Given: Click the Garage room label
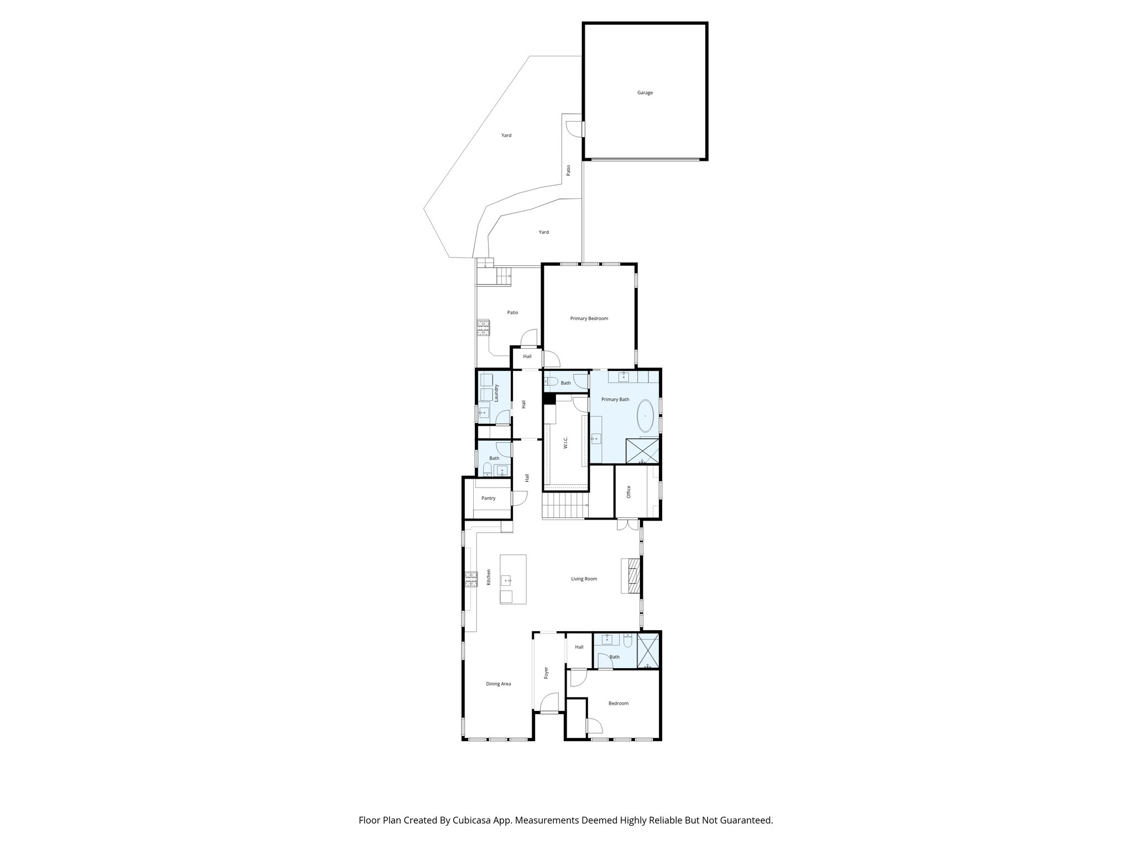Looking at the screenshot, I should point(644,93).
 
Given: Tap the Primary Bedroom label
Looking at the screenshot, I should point(589,318).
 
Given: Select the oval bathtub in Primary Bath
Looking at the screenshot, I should point(644,416).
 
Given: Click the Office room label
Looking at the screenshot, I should point(628,492).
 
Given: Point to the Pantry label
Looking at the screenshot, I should point(488,498).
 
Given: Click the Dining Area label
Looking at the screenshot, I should point(498,684).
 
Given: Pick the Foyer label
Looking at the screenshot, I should point(546,673).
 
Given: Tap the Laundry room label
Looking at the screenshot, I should point(497,393).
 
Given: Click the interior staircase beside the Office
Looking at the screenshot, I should point(563,506).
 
